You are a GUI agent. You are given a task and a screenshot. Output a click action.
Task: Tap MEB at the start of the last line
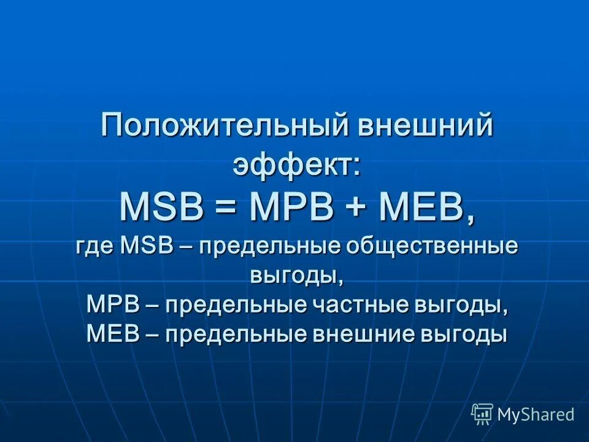tap(114, 335)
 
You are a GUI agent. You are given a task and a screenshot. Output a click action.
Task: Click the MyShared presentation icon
tap(482, 414)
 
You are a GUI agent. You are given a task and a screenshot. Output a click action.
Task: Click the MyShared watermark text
tap(536, 415)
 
